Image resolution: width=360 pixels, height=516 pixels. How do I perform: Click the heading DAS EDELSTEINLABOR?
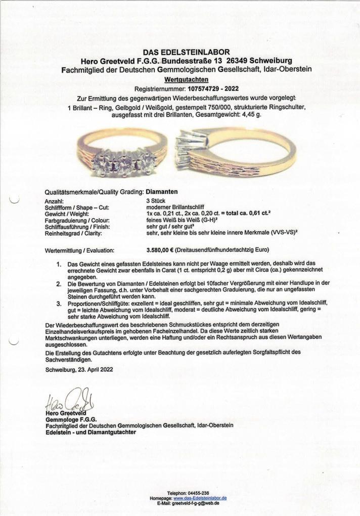click(186, 52)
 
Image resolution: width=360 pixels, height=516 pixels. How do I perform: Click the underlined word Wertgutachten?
click(186, 79)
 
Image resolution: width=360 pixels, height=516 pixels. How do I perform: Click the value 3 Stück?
click(154, 201)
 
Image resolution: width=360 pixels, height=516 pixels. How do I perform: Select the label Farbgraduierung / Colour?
click(77, 220)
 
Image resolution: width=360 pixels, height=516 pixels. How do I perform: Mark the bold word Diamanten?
click(162, 192)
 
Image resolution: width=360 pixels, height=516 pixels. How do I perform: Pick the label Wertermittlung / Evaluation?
click(79, 250)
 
